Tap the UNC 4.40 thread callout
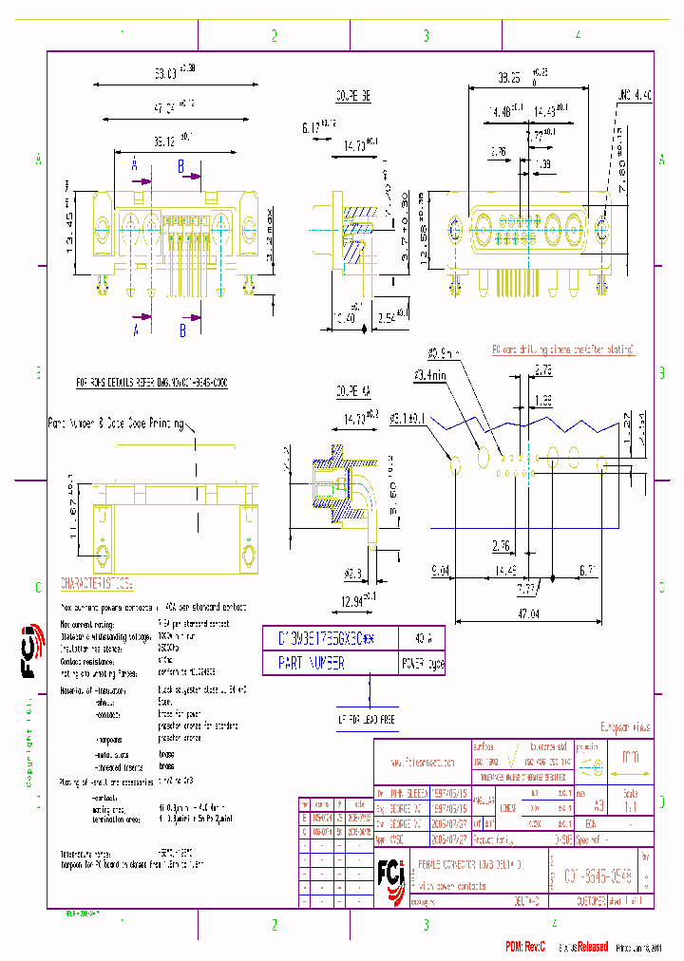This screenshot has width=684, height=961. pos(635,95)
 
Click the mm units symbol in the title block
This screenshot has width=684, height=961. pos(629,759)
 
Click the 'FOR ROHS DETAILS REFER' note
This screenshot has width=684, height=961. pos(152,382)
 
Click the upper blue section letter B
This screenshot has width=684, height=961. pos(181,164)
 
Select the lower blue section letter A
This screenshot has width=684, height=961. pos(136,329)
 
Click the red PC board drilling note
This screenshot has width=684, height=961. pos(562,349)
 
